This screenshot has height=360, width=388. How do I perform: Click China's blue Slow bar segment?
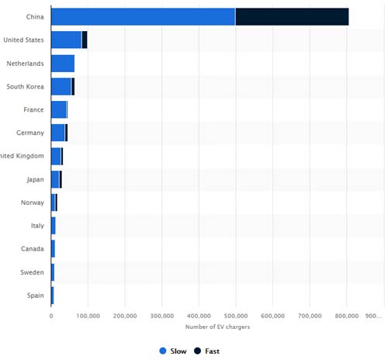[143, 16]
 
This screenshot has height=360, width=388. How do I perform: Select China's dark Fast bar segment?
[292, 16]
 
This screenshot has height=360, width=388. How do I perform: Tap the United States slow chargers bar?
[66, 40]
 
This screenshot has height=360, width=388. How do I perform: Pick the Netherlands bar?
[62, 63]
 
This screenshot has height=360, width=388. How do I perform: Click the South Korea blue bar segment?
[61, 86]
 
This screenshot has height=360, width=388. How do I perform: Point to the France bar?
[59, 109]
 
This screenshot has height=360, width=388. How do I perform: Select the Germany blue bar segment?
[57, 133]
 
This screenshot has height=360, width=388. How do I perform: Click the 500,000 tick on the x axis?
[236, 316]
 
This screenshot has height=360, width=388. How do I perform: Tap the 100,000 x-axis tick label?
[88, 316]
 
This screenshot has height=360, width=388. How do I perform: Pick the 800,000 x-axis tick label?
[347, 316]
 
